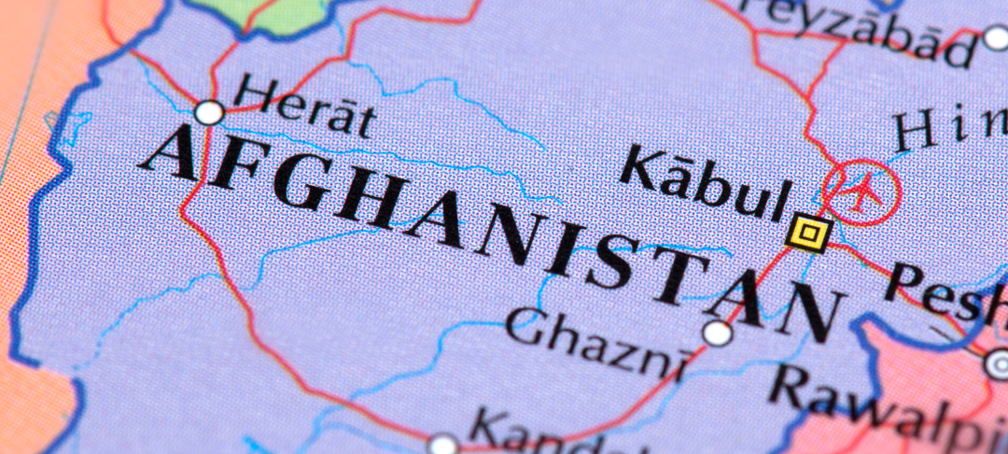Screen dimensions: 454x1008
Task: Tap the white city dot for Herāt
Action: (x=210, y=113)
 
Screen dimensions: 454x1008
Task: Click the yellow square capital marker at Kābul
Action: (x=808, y=232)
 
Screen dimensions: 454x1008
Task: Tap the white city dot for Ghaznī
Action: (x=717, y=333)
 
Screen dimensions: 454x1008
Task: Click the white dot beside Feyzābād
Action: (x=995, y=38)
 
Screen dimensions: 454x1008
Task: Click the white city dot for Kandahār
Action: (x=443, y=444)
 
